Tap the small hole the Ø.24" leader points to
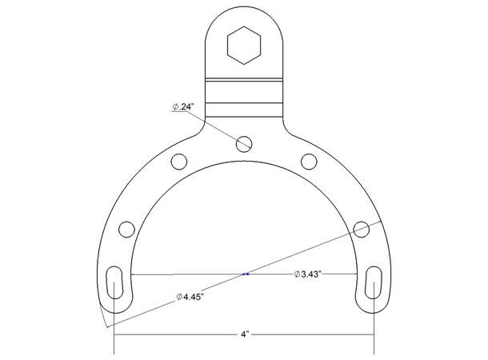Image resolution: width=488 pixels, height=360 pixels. click(245, 143)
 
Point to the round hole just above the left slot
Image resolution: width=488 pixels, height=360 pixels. click(126, 230)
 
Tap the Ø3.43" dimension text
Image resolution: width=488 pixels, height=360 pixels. click(307, 274)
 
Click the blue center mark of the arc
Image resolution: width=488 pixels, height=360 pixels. click(245, 274)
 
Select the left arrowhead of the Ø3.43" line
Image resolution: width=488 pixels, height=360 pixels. click(134, 274)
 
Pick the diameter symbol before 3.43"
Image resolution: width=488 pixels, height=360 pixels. click(295, 274)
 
